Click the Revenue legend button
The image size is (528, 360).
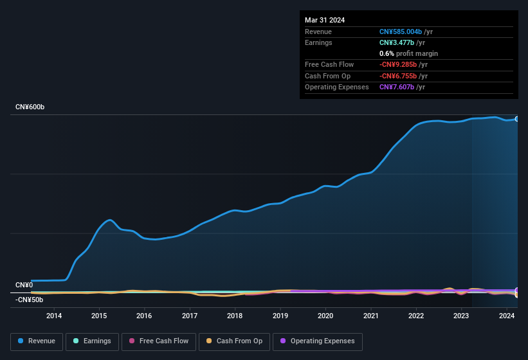[37, 341]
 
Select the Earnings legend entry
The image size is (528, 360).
[92, 341]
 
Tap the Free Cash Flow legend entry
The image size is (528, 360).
[158, 341]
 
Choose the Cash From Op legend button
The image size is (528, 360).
[234, 341]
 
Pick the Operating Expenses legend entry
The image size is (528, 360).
[318, 341]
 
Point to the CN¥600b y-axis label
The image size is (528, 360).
[30, 107]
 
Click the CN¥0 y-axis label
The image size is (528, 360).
[24, 285]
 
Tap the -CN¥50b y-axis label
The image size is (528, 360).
[29, 300]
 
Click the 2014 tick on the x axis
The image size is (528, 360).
[54, 316]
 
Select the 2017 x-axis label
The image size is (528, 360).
[190, 316]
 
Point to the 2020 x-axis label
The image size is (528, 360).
[325, 316]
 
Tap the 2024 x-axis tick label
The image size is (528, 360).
[506, 316]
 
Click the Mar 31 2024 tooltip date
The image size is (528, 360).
[325, 20]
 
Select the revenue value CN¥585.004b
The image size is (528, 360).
[401, 32]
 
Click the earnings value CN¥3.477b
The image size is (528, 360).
[396, 42]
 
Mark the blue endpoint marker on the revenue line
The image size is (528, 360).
[516, 119]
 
